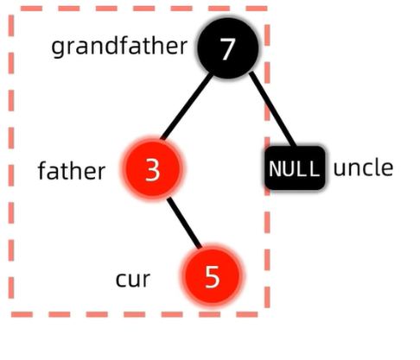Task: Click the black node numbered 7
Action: pos(227,48)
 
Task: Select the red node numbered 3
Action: pos(152,169)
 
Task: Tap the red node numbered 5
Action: pos(212,275)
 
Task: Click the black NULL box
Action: pos(295,167)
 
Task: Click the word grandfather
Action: pos(119,46)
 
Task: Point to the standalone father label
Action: pos(72,171)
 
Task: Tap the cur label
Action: pos(133,280)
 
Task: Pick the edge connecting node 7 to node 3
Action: pos(187,106)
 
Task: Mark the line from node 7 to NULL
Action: pos(272,109)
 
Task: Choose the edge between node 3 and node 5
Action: pos(184,222)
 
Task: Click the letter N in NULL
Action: pos(276,168)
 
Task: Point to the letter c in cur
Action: pos(121,280)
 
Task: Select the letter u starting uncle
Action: pos(340,169)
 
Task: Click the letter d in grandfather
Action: pos(111,45)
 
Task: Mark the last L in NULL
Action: pos(315,168)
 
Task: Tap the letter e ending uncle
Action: pos(386,169)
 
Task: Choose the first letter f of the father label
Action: pos(42,171)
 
